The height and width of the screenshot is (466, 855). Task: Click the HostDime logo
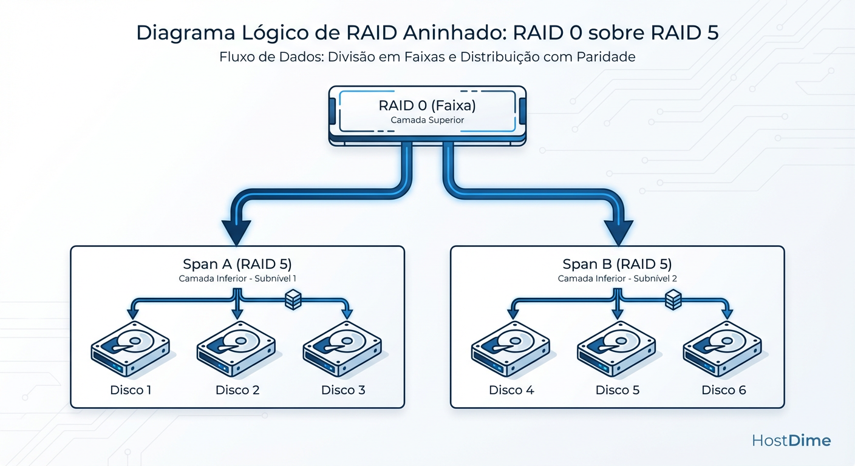point(791,441)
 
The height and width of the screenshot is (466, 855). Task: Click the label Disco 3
point(343,390)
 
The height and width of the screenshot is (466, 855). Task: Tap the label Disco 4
point(511,390)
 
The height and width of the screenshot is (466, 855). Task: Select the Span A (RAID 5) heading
point(237,265)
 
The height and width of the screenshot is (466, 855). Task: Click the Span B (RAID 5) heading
point(617,265)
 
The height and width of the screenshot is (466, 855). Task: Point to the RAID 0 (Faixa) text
point(427,106)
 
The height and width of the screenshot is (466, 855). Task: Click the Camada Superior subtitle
point(427,120)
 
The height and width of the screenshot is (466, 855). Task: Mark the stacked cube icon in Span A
point(293,299)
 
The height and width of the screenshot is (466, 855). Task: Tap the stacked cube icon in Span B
point(673,299)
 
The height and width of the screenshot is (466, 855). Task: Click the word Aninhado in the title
point(437,33)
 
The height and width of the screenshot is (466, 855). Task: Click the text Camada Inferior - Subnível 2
point(617,279)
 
